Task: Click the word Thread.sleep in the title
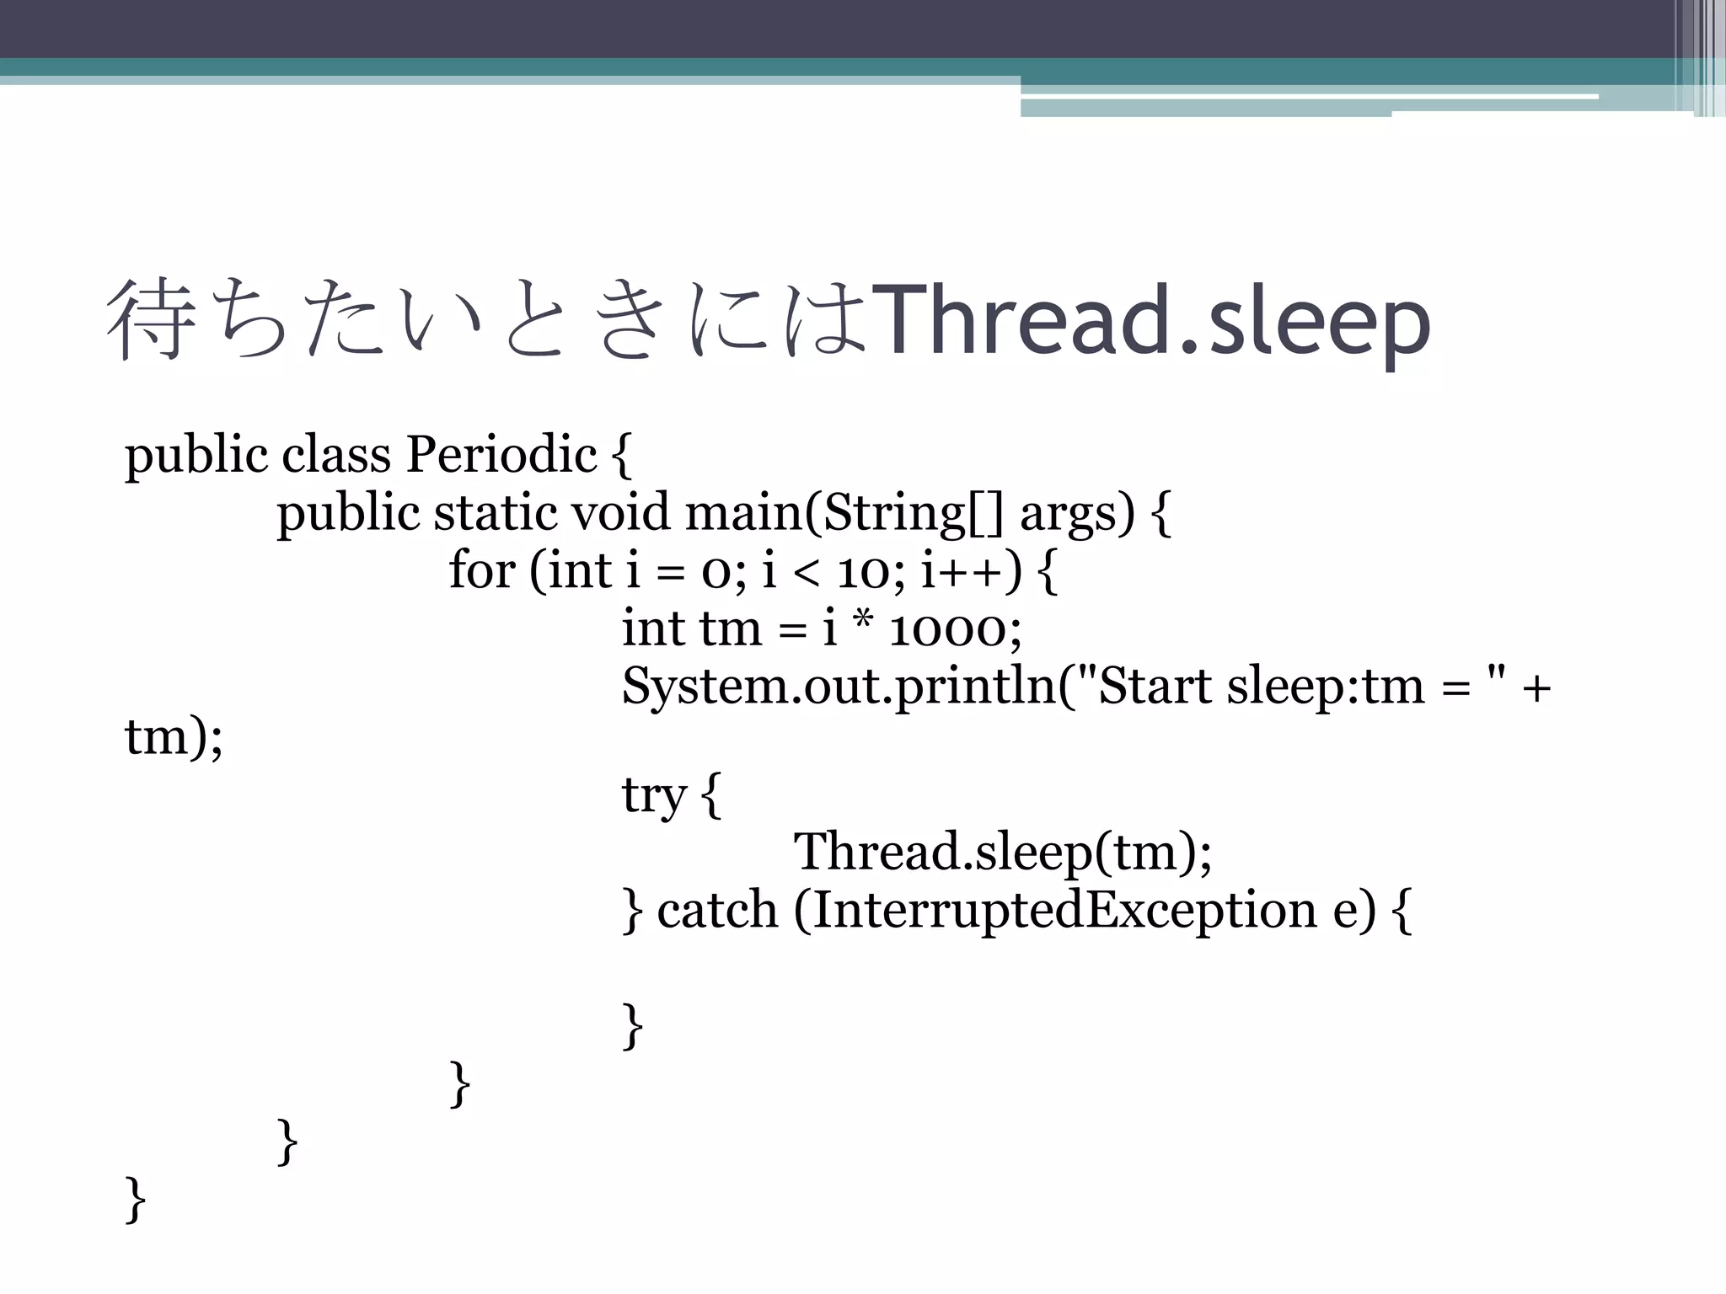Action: pos(1151,322)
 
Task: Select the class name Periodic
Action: pos(501,455)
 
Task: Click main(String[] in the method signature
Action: pos(844,513)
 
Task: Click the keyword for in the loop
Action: pos(481,570)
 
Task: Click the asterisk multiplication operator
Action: pos(862,623)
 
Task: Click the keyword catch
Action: pos(717,910)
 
